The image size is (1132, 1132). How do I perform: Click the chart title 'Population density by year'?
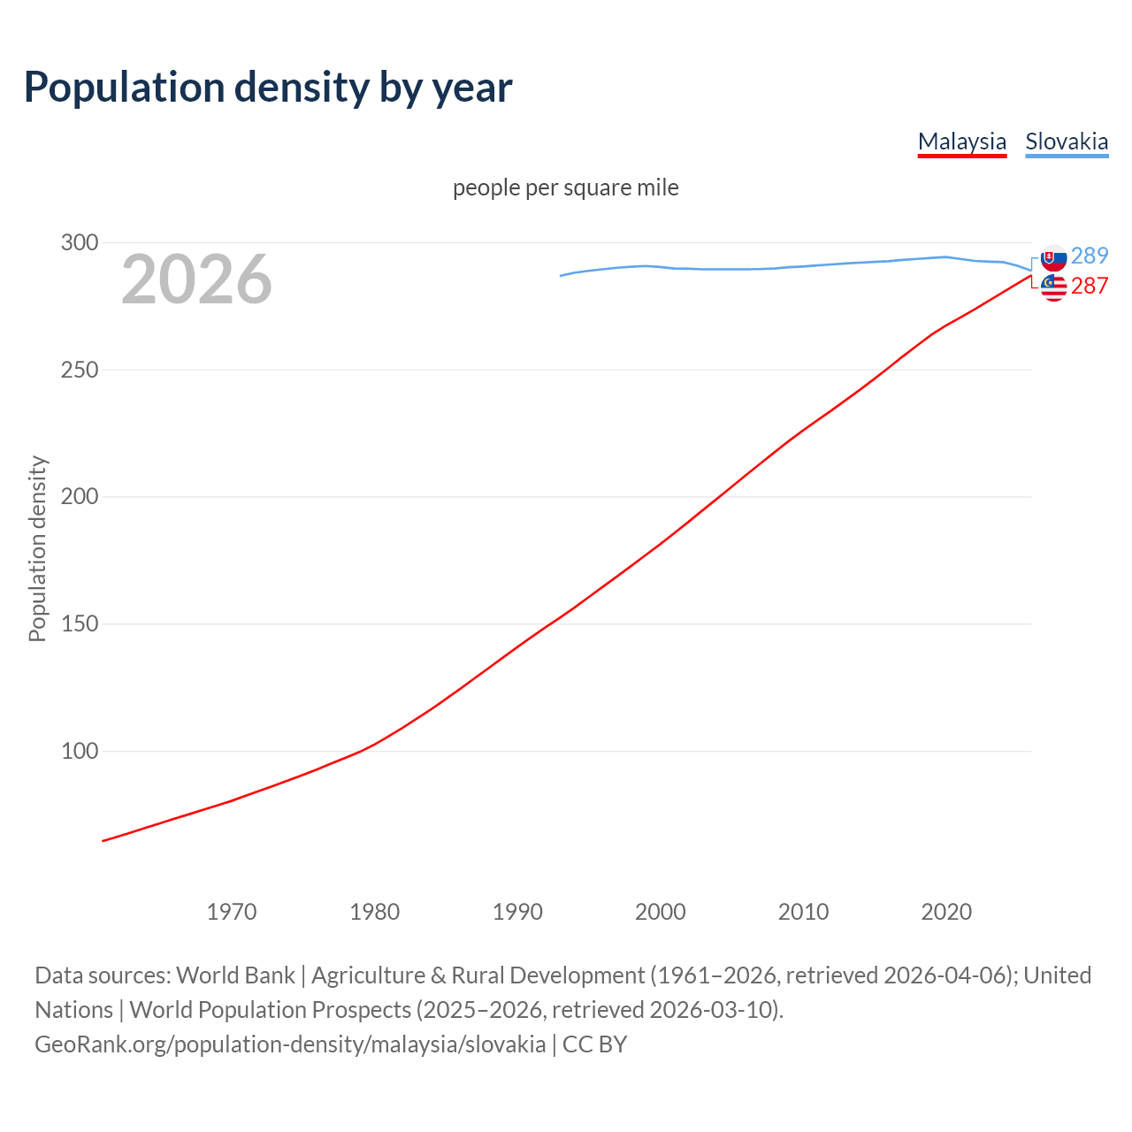pyautogui.click(x=268, y=87)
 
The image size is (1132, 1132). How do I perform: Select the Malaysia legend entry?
pyautogui.click(x=962, y=141)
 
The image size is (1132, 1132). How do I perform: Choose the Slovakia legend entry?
pyautogui.click(x=1067, y=141)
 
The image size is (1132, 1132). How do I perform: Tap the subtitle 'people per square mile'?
pyautogui.click(x=566, y=187)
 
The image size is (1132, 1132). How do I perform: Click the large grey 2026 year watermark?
pyautogui.click(x=196, y=279)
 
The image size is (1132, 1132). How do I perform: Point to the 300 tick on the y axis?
pyautogui.click(x=79, y=242)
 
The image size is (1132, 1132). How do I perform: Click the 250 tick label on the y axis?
pyautogui.click(x=79, y=370)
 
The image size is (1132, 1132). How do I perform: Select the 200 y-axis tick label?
pyautogui.click(x=79, y=497)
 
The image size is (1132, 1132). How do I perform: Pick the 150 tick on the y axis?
pyautogui.click(x=79, y=624)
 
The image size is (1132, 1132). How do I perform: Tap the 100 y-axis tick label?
pyautogui.click(x=79, y=752)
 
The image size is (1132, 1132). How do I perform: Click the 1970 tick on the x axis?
pyautogui.click(x=232, y=912)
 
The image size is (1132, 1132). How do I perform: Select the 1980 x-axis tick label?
pyautogui.click(x=375, y=912)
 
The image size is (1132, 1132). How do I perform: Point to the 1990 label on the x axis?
pyautogui.click(x=517, y=912)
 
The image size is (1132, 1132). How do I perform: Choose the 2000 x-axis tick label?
pyautogui.click(x=661, y=912)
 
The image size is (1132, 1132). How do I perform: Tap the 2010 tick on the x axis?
pyautogui.click(x=804, y=912)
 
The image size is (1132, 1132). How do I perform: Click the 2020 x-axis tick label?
pyautogui.click(x=946, y=912)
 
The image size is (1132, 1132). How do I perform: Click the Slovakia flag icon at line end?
pyautogui.click(x=1053, y=258)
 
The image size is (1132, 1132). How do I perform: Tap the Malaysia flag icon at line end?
pyautogui.click(x=1053, y=287)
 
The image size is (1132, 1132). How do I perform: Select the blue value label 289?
pyautogui.click(x=1090, y=256)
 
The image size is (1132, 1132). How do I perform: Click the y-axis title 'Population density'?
pyautogui.click(x=37, y=548)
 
